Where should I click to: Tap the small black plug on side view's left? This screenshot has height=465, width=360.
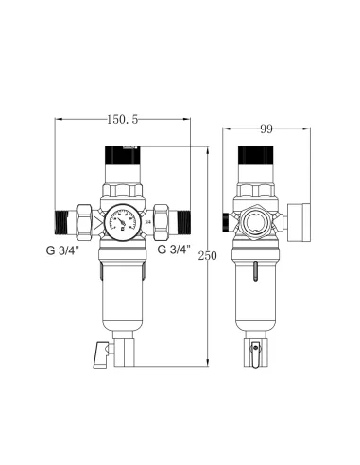(224, 221)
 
